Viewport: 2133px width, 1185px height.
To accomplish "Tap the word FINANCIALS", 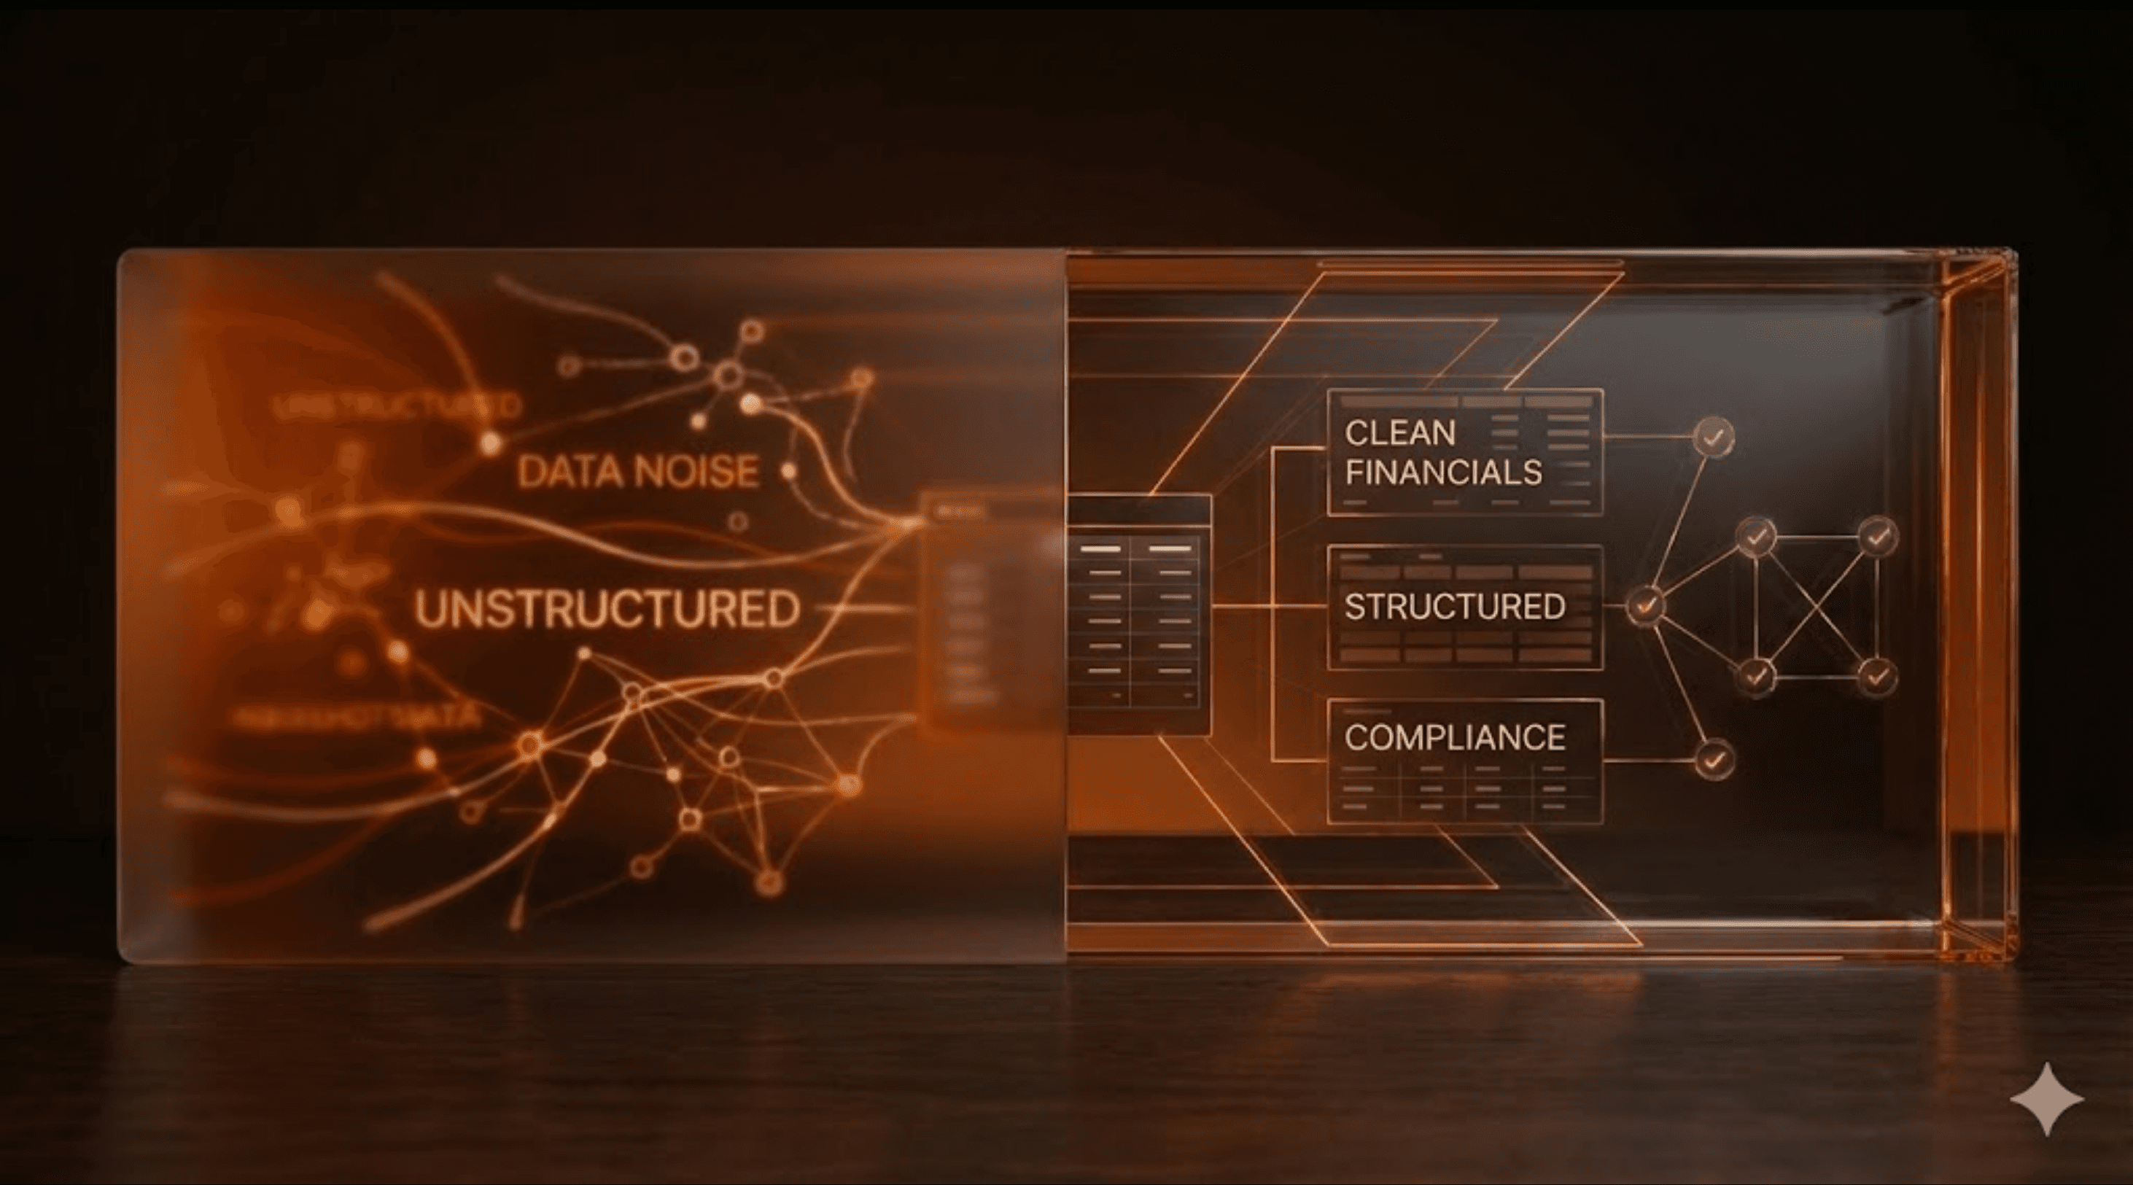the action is [x=1442, y=472].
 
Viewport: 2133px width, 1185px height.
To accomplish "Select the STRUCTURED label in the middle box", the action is [x=1455, y=607].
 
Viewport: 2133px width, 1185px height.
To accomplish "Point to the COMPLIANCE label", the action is [x=1455, y=737].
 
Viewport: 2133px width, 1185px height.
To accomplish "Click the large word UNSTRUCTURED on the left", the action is [x=607, y=609].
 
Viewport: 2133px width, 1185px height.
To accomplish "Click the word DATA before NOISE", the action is [x=568, y=472].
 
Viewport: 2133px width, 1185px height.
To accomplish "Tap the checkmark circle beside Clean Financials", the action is [x=1713, y=435].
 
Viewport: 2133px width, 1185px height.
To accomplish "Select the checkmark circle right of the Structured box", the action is [x=1645, y=605].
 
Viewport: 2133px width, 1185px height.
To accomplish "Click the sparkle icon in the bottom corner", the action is [x=2047, y=1098].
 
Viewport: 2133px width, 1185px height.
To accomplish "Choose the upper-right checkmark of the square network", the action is [x=1878, y=537].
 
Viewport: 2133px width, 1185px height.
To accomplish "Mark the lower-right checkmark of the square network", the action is [x=1877, y=677].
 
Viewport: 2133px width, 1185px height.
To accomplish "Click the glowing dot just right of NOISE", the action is [x=789, y=471].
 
